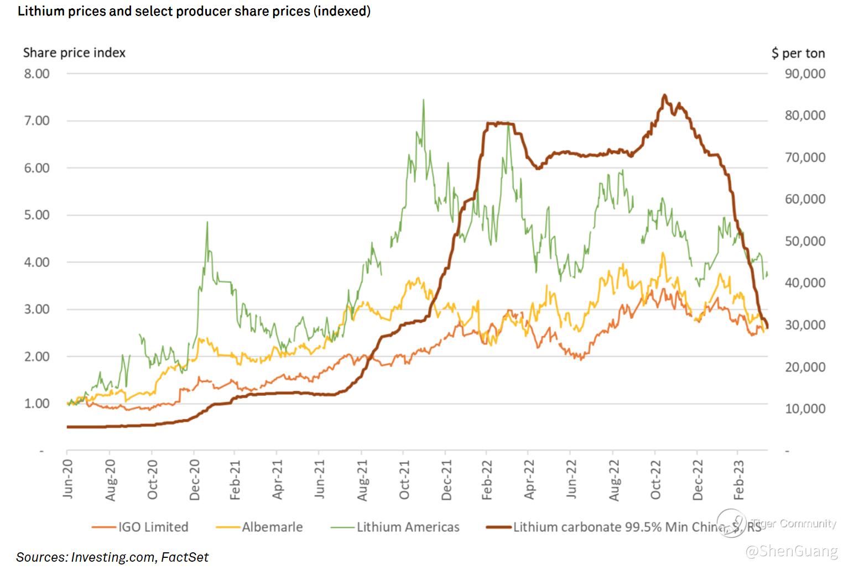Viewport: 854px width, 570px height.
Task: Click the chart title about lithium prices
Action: click(x=194, y=11)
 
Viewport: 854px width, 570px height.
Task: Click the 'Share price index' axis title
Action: click(x=74, y=53)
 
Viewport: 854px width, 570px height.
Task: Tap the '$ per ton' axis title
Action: click(x=798, y=53)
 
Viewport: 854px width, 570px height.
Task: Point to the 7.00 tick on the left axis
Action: click(x=37, y=121)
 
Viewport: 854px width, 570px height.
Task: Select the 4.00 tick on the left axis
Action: click(x=37, y=262)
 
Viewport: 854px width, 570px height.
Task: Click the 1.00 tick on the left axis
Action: click(x=37, y=404)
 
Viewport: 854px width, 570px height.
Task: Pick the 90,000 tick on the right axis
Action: click(x=805, y=74)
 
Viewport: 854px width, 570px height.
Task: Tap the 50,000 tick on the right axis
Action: click(x=805, y=241)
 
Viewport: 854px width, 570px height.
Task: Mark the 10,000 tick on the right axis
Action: click(x=805, y=409)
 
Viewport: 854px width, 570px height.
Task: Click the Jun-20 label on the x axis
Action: click(x=68, y=479)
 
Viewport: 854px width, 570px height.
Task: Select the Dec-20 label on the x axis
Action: click(x=194, y=479)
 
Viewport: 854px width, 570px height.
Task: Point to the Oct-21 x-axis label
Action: click(x=404, y=479)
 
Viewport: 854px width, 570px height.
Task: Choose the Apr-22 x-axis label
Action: click(x=530, y=479)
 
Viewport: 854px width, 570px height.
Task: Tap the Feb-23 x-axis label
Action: click(x=740, y=479)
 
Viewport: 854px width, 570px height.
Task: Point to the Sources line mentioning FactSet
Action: click(x=112, y=557)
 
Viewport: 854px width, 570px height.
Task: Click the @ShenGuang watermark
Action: click(x=791, y=551)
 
